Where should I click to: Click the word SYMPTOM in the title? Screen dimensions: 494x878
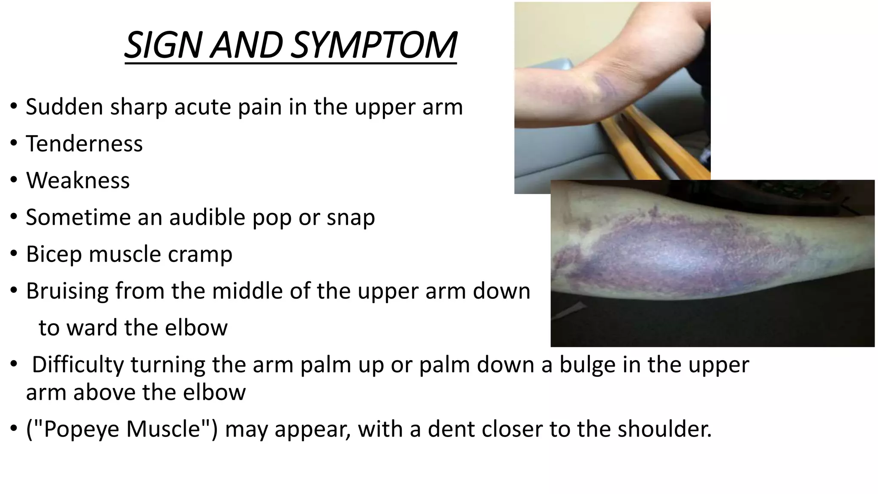tap(374, 45)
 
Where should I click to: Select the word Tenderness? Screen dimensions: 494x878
tap(84, 144)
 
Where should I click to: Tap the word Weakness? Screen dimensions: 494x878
tap(78, 181)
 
